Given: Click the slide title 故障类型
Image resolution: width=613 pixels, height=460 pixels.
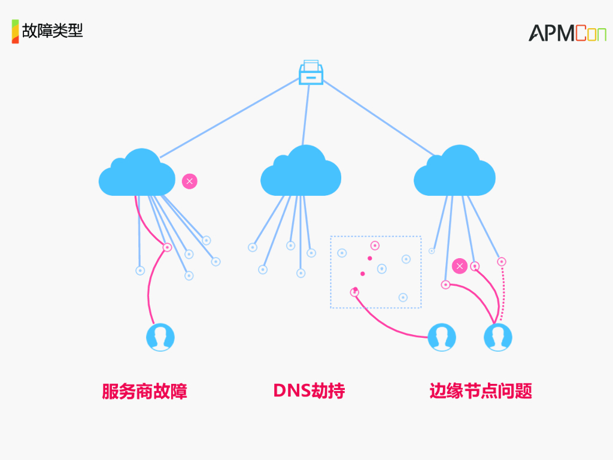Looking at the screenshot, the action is point(53,31).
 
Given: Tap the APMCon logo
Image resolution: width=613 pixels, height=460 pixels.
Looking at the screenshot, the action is point(568,33).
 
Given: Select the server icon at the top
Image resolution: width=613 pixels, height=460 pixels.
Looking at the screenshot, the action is point(311,72).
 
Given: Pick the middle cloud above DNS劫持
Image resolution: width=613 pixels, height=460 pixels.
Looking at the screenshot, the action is point(301,171).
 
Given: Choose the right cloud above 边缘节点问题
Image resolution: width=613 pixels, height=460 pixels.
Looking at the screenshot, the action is point(454,171).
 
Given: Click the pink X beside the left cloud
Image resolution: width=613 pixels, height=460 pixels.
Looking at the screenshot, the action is point(190,181).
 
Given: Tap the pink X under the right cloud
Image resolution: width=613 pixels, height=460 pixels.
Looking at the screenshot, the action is point(460,267).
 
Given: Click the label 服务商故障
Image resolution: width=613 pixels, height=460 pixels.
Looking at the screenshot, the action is point(145,391).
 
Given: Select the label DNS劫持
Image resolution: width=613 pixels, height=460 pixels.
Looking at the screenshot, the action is point(309,391).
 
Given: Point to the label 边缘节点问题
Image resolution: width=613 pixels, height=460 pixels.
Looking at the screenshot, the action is point(481,391).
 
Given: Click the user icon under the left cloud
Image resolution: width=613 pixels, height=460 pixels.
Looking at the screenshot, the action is point(160,337).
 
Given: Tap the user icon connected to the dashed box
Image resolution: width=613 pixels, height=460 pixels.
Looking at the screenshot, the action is point(442,337).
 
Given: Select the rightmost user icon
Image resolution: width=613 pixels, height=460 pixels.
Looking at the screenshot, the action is point(497,337).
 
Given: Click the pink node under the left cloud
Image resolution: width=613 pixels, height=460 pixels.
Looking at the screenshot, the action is point(168,247).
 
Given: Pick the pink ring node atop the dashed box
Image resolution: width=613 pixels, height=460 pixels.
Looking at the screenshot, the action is point(375,246).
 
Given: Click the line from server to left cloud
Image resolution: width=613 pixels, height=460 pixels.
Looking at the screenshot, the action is point(230,118).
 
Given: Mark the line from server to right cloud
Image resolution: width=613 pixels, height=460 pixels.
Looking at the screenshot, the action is point(379,118).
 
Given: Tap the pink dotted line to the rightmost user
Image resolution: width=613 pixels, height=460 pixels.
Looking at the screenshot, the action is point(503,292).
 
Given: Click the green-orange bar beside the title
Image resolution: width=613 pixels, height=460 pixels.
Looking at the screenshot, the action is point(15,31).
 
